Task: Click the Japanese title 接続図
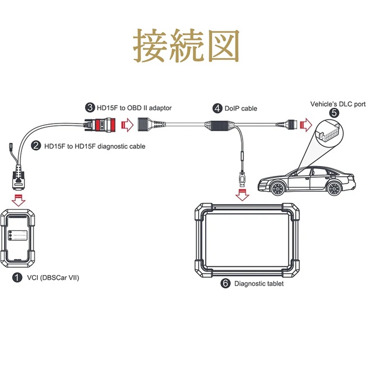click(186, 46)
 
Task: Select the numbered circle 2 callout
click(36, 146)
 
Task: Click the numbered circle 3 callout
click(90, 107)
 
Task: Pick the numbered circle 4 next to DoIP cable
click(217, 108)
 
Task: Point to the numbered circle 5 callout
click(333, 113)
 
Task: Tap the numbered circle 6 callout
click(226, 283)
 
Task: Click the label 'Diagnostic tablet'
click(259, 284)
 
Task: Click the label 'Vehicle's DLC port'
click(337, 104)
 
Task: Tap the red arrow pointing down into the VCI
click(19, 200)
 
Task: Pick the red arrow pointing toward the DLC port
click(305, 124)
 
